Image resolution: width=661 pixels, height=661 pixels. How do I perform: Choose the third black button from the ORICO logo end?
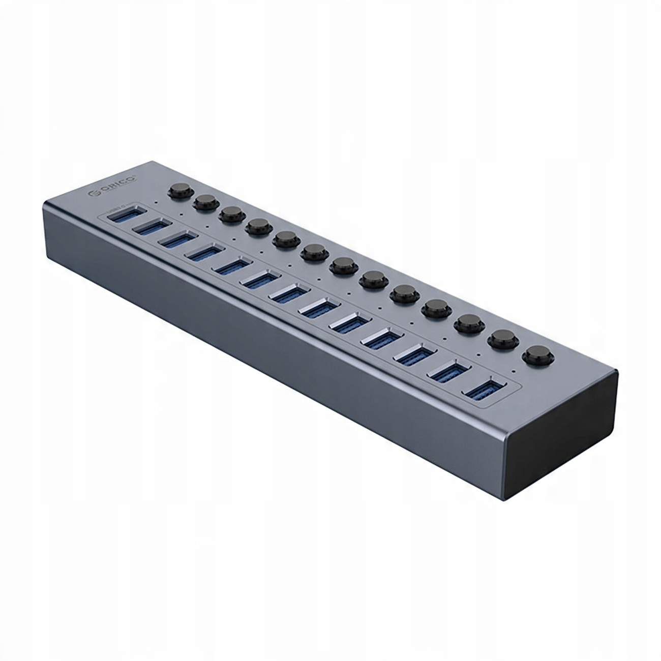229,214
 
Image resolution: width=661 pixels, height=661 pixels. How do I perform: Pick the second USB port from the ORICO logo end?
150,228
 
